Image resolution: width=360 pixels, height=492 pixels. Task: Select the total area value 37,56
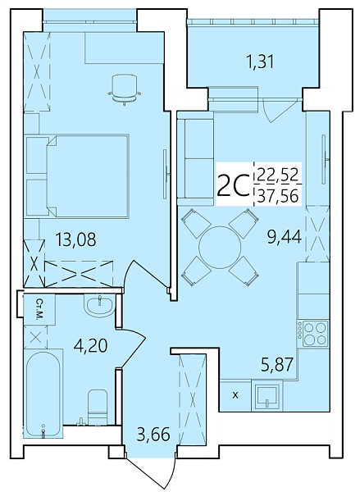278,195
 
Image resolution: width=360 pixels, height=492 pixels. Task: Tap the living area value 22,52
278,174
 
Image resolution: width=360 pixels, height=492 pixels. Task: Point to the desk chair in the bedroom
123,88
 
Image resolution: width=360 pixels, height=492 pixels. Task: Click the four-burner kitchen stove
314,332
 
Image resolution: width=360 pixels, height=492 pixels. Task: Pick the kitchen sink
267,396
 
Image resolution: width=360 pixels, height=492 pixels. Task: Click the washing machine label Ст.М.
39,308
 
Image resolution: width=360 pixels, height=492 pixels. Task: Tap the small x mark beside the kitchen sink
236,396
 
